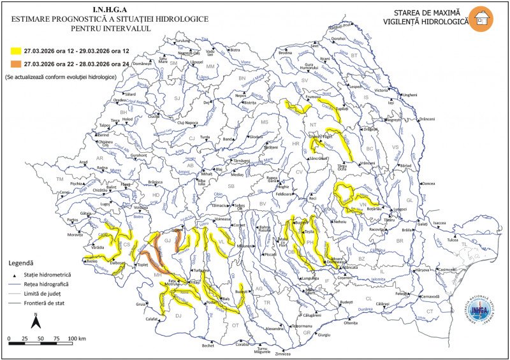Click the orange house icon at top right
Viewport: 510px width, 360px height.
coord(480,17)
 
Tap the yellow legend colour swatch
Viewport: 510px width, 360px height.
coord(13,49)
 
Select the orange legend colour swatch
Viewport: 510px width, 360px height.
coord(13,64)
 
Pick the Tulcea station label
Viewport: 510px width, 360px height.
coord(452,240)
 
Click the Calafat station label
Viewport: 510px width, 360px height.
coord(151,319)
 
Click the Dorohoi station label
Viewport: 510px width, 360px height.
coord(339,38)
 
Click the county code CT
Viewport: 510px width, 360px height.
coord(430,312)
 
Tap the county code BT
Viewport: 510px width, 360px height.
coord(354,55)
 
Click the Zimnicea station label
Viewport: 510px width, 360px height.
coord(282,354)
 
